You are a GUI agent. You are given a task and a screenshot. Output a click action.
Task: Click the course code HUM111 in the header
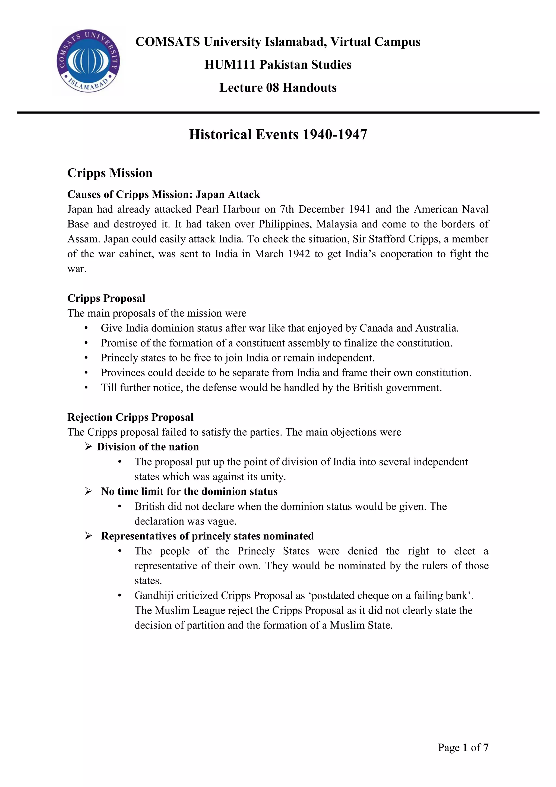pos(229,65)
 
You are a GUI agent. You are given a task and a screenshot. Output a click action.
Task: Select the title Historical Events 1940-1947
pos(278,135)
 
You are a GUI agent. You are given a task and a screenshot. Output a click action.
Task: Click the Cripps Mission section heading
pos(110,173)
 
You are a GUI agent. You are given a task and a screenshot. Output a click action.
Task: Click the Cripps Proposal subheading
pos(106,298)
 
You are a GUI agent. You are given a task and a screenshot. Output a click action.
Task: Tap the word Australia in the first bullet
pos(437,328)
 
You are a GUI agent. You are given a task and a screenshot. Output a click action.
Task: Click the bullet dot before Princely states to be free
pos(86,358)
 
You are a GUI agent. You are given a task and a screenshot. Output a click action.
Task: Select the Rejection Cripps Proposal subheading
pos(130,417)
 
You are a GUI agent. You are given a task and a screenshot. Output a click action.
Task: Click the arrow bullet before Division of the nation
pos(88,447)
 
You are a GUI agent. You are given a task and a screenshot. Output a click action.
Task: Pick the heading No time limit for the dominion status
pos(189,492)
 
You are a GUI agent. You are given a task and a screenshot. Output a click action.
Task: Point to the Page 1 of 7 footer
pos(463,747)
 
